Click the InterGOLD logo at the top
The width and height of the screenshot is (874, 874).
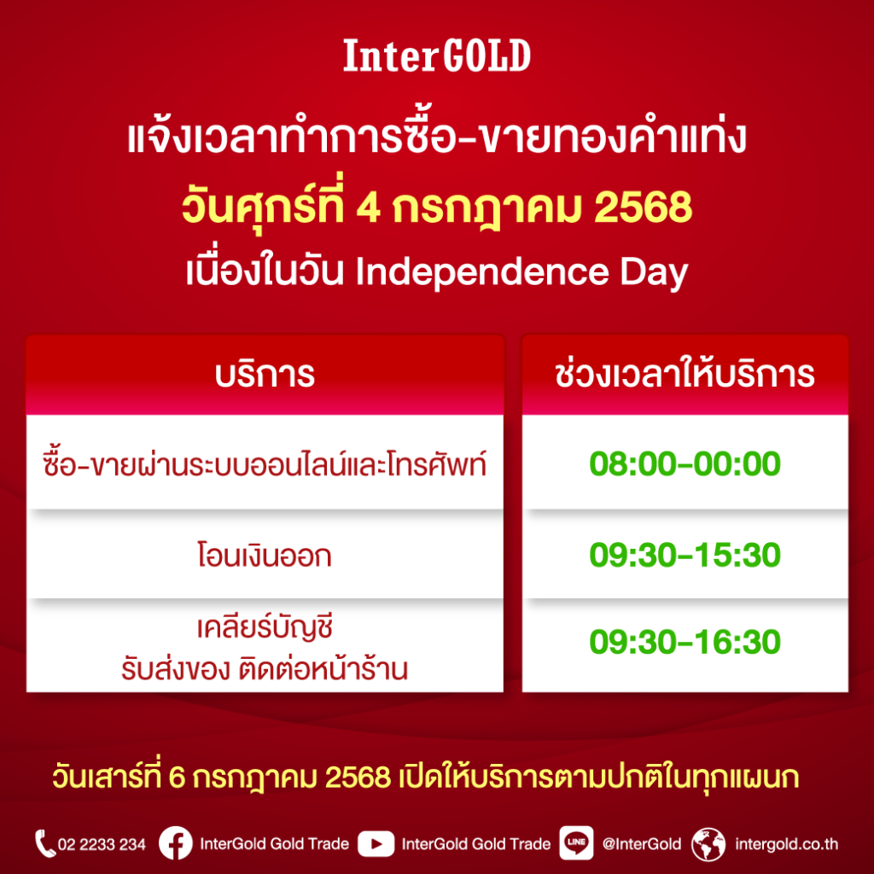436,55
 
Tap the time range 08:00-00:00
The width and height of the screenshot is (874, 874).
685,463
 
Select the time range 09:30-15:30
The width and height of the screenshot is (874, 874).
685,555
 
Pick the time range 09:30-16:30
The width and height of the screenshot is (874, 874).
685,642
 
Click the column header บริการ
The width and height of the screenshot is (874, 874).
265,375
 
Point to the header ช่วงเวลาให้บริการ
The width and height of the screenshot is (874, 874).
685,374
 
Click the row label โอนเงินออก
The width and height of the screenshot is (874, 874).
265,555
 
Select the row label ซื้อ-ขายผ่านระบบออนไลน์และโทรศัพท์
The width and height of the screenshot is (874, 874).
265,463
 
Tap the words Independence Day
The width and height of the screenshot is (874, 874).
521,272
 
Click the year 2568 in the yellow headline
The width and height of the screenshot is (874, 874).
643,207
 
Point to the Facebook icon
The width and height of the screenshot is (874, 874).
176,843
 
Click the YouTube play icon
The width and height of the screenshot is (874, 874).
376,844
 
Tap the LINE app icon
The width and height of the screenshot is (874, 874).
576,843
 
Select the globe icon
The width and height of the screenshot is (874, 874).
708,844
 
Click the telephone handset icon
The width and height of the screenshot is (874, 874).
44,843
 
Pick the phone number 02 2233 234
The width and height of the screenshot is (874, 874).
102,844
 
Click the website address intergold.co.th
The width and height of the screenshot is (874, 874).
786,844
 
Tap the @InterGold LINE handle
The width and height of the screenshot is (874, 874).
642,844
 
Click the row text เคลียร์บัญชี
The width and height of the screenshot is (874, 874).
265,627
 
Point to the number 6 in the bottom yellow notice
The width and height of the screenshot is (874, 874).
176,777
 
